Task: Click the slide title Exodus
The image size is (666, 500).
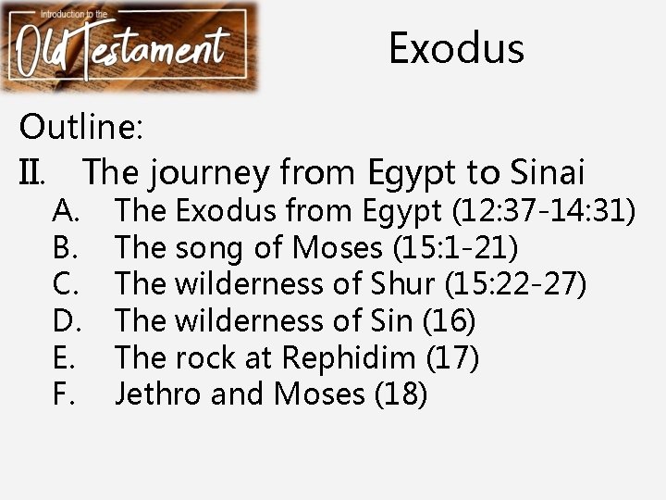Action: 456,48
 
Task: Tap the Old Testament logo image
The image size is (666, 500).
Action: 130,46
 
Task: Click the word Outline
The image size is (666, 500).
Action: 81,127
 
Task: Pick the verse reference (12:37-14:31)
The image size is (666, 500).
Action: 543,211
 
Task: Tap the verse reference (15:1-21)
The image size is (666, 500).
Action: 456,247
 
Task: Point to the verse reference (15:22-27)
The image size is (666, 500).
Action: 515,284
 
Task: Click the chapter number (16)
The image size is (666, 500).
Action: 449,321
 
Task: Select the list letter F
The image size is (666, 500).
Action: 63,394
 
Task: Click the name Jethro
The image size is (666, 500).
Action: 158,394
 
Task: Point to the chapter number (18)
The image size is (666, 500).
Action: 401,394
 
